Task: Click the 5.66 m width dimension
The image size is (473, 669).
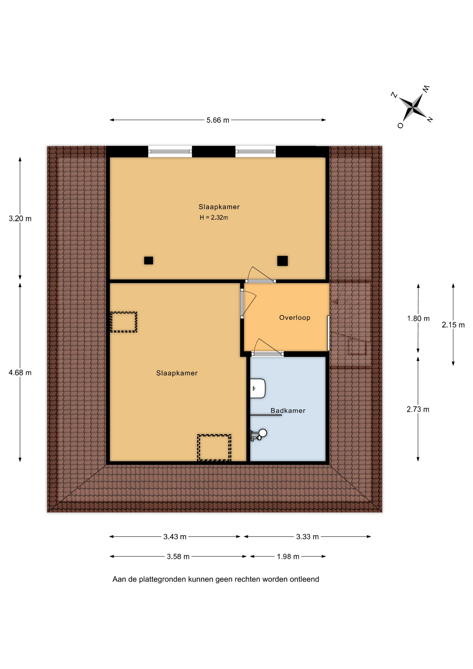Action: point(218,120)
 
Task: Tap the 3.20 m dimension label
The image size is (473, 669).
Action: point(20,219)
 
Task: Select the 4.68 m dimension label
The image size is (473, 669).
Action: point(20,373)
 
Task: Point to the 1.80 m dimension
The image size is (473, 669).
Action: point(418,318)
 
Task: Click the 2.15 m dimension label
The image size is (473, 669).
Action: point(453,325)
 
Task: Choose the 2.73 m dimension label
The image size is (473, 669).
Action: point(418,409)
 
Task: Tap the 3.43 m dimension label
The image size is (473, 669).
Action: point(175,537)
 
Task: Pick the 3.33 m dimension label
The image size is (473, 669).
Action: point(307,537)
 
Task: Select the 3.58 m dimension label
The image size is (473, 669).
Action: point(178,556)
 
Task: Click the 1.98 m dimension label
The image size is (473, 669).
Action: point(288,556)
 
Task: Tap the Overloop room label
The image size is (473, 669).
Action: point(295,318)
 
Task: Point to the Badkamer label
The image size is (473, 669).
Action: point(288,411)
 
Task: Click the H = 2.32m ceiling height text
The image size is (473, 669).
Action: point(214,218)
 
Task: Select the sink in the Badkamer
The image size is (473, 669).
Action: point(258,388)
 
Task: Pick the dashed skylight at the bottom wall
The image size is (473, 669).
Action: point(214,447)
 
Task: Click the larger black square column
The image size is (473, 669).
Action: point(282,261)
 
